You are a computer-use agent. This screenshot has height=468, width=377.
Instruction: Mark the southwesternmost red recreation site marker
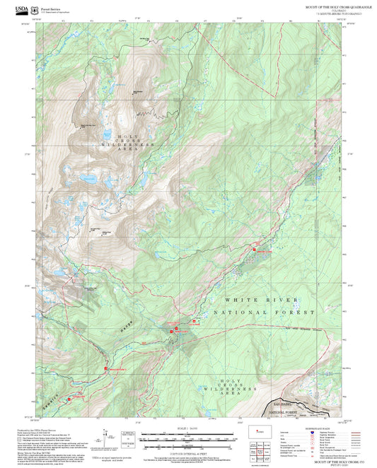[x=69, y=399]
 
